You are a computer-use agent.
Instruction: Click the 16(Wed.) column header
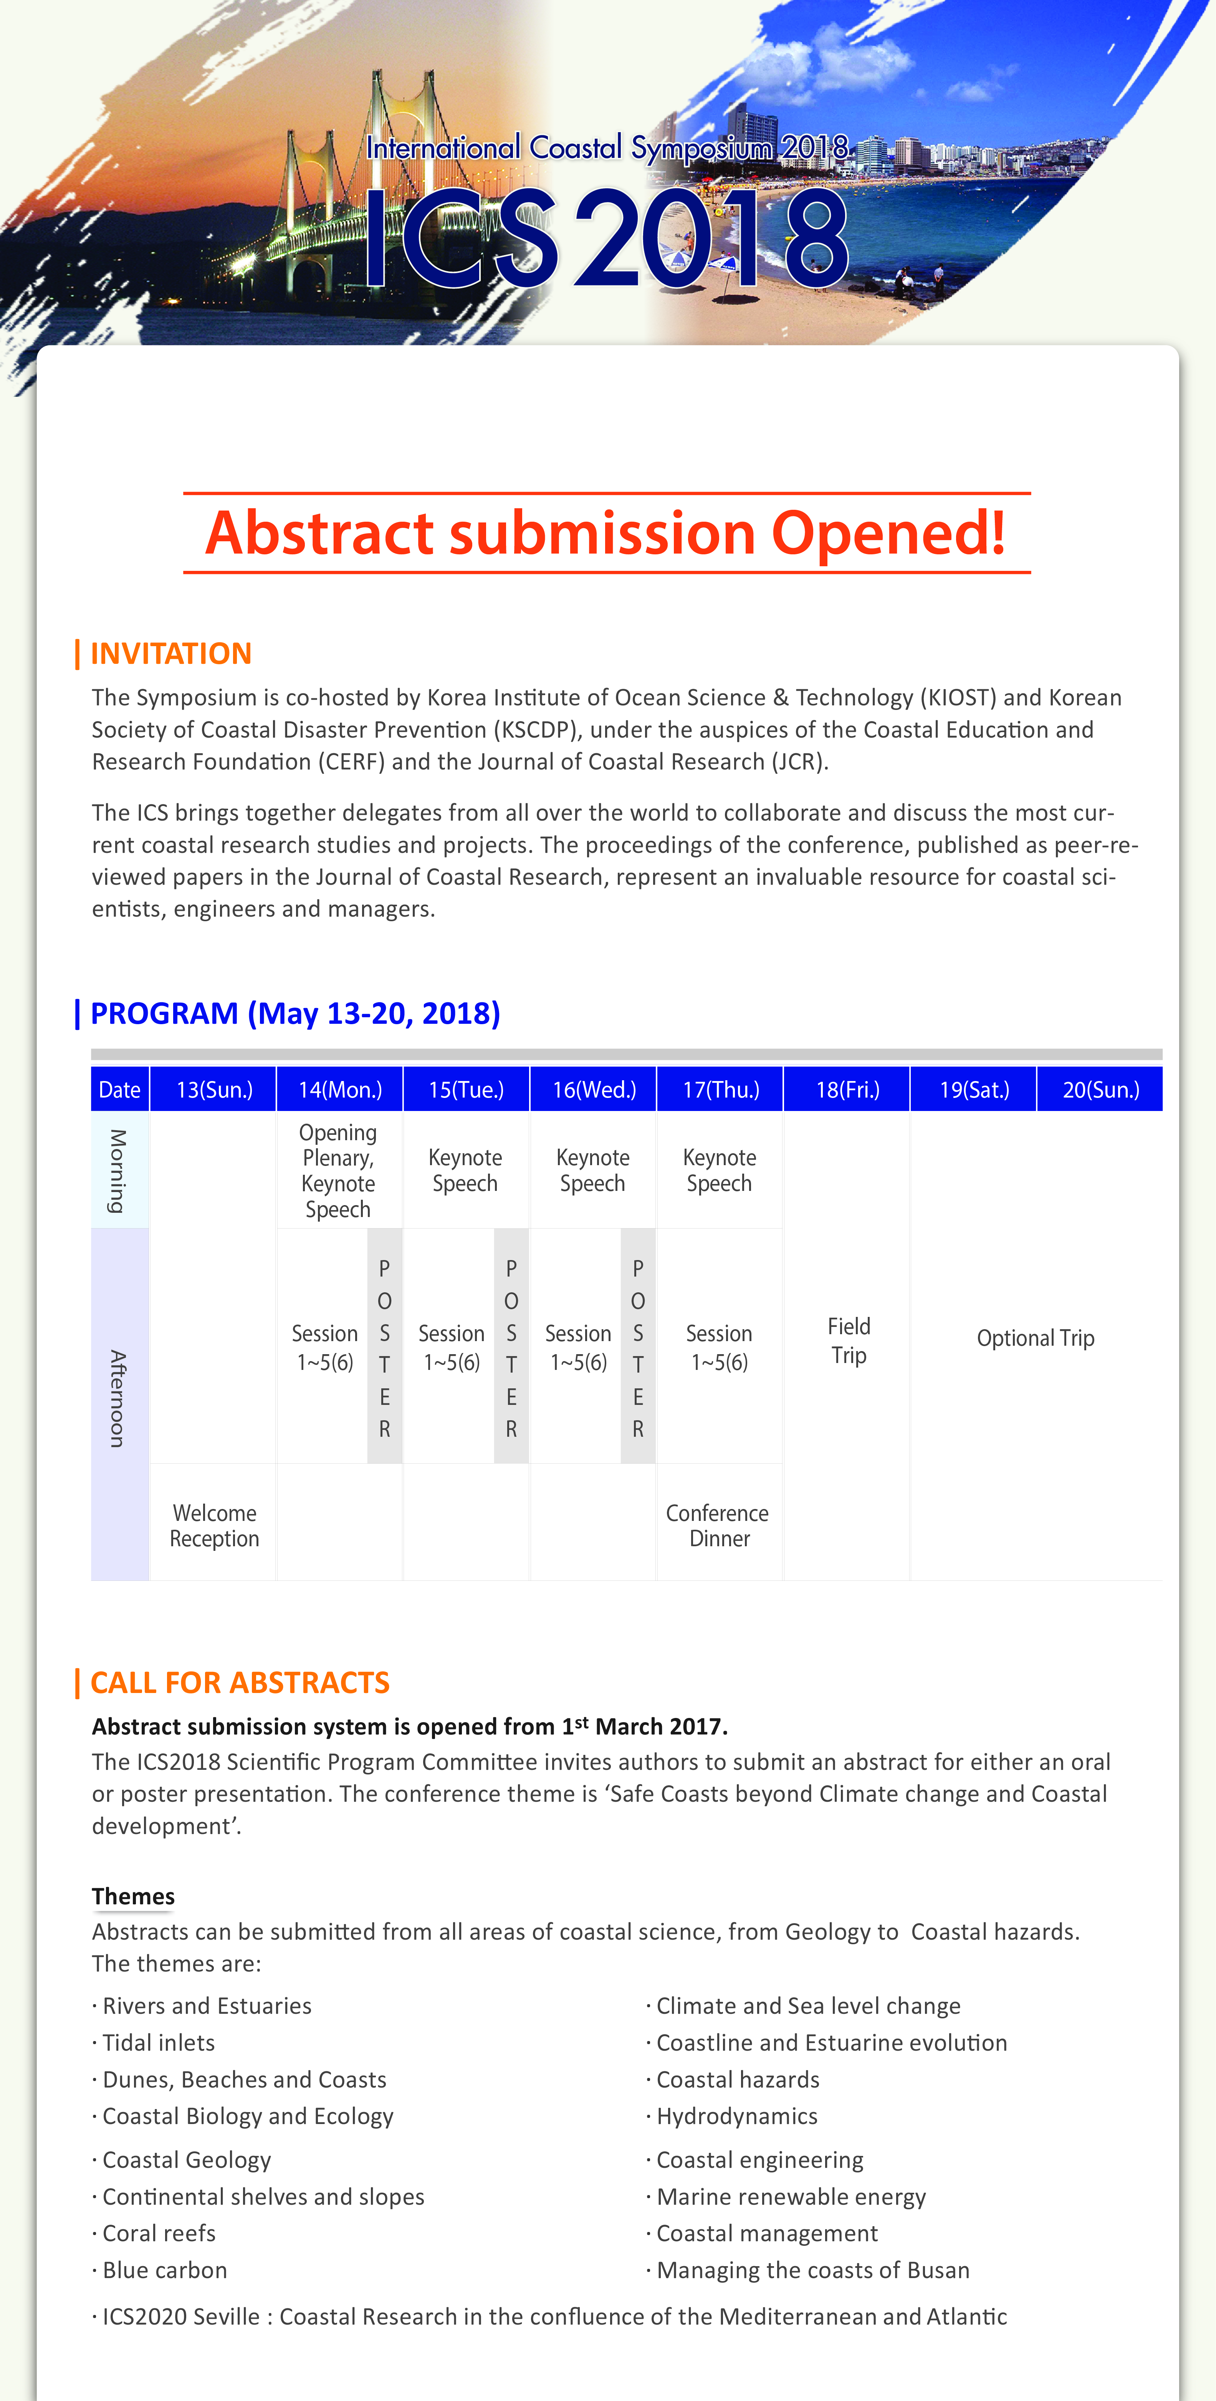click(x=594, y=1089)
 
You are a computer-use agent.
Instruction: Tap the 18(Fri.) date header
click(x=847, y=1089)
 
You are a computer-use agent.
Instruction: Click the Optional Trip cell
click(x=1035, y=1338)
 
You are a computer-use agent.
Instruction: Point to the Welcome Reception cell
click(x=214, y=1526)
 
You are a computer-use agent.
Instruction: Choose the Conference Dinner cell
click(x=718, y=1526)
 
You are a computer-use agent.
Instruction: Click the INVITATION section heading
click(x=170, y=653)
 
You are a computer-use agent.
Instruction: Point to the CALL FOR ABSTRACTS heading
click(x=240, y=1682)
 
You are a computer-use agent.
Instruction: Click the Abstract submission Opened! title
click(x=606, y=533)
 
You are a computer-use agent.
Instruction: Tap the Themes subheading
click(x=133, y=1897)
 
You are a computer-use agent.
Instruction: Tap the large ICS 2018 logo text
click(x=606, y=238)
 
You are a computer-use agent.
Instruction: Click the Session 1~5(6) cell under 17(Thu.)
click(x=718, y=1348)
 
